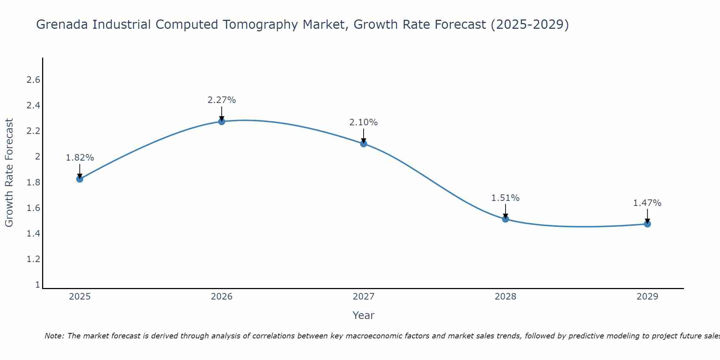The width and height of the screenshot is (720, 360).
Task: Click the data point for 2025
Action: click(80, 179)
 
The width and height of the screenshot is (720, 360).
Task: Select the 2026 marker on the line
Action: click(222, 122)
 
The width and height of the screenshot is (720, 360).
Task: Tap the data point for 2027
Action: click(364, 144)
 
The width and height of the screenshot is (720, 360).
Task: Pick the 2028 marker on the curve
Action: click(505, 219)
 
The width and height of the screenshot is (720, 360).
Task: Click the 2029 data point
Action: click(647, 224)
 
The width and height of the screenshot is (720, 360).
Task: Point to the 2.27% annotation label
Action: click(222, 100)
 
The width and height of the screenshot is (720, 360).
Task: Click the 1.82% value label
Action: click(80, 158)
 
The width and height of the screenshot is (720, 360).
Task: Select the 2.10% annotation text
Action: click(364, 122)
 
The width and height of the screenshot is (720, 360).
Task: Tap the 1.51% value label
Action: click(505, 198)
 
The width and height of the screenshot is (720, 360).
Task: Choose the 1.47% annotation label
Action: click(647, 203)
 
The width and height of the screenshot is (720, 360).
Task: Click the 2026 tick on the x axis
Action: click(222, 297)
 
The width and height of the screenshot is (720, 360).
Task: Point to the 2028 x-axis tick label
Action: click(505, 297)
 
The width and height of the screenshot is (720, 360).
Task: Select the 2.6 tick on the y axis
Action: click(33, 80)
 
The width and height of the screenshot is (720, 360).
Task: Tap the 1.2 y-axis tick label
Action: click(33, 259)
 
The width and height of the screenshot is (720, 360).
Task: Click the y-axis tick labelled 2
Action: click(37, 157)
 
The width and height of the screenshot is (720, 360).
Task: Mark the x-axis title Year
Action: click(364, 315)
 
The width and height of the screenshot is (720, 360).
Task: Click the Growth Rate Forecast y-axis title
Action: click(9, 173)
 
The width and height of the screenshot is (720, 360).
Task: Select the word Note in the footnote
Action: click(54, 336)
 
